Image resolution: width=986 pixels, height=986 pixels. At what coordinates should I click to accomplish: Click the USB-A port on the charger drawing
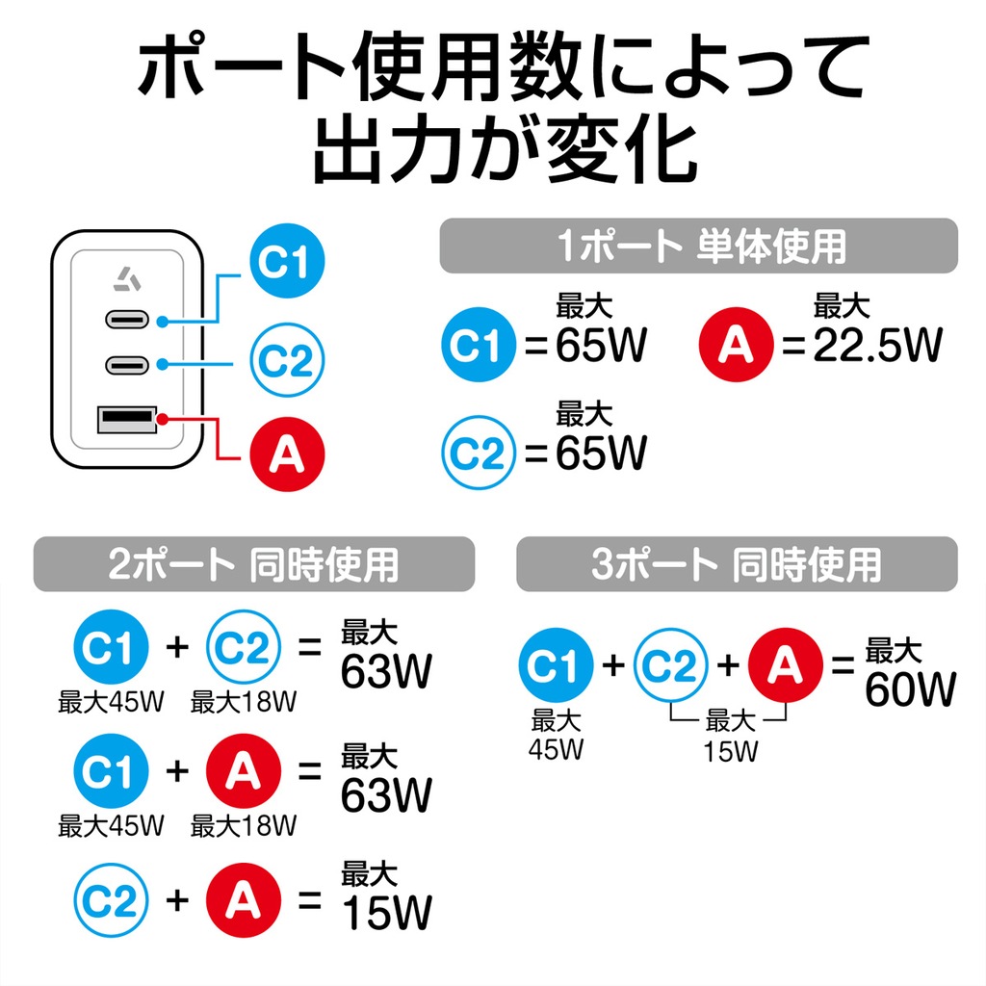pos(127,420)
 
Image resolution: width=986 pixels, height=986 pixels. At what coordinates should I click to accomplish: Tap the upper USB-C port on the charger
pos(127,320)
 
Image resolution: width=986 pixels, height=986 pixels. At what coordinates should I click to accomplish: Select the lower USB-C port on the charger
pos(127,365)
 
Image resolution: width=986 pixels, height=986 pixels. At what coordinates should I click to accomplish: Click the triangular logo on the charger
pos(128,280)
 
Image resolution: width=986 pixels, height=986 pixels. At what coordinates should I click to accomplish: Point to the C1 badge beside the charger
pos(287,260)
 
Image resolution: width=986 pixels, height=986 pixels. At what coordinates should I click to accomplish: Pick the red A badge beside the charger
pos(287,454)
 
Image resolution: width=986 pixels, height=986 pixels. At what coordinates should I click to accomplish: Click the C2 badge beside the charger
pos(287,360)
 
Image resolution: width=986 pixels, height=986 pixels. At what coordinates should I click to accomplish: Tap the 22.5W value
pos(878,345)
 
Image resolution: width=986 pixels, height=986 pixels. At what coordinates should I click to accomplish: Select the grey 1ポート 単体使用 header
pos(699,246)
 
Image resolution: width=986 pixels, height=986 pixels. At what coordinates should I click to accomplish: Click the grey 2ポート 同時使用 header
pos(254,564)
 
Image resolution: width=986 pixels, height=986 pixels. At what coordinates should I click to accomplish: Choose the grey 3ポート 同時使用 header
pos(737,564)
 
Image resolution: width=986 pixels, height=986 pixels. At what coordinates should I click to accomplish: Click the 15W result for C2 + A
pos(387,912)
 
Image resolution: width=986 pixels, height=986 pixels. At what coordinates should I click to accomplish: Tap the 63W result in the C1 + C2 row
pos(387,671)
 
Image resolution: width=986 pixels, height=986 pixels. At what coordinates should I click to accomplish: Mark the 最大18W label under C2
pos(244,702)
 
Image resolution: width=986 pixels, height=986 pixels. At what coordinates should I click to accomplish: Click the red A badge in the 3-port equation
pos(786,664)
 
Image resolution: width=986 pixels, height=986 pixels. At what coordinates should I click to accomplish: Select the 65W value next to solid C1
pos(601,345)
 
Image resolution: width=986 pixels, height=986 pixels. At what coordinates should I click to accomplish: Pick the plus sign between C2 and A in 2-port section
pos(178,900)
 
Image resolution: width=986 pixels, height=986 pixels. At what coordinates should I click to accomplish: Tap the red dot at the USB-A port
pos(162,420)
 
